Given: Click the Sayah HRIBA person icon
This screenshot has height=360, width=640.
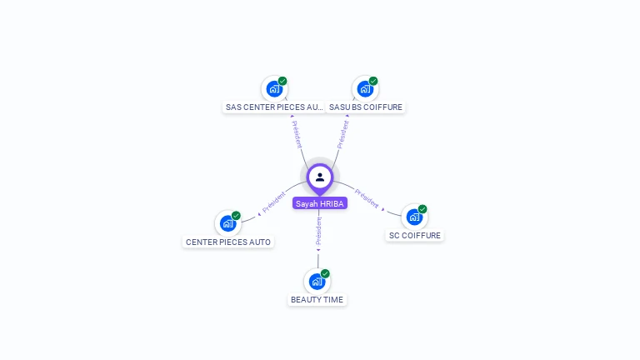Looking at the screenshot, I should click(320, 177).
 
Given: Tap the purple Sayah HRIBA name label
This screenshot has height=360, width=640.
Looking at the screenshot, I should click(320, 203).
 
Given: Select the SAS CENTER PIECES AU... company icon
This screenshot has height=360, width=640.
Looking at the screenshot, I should click(274, 88).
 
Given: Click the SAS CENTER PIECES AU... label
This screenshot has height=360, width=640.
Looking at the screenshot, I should click(274, 107).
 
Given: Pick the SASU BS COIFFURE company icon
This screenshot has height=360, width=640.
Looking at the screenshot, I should click(365, 88).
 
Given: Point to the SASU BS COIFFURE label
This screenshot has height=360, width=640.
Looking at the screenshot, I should click(365, 107).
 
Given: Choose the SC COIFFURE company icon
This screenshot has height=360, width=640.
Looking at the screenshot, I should click(414, 217).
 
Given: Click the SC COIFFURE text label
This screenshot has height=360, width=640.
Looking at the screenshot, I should click(415, 236).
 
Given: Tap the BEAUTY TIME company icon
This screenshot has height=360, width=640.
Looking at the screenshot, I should click(317, 281).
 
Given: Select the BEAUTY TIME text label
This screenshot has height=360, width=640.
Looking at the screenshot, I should click(317, 300).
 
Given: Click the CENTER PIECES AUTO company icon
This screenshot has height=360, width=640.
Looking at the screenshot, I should click(227, 223).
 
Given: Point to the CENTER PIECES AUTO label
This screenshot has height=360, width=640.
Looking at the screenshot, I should click(228, 242).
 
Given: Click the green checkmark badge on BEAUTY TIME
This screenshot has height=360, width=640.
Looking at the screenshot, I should click(325, 273).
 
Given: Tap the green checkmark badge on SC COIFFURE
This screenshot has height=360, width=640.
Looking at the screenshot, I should click(422, 209).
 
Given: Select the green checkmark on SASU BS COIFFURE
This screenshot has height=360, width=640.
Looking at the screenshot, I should click(373, 81).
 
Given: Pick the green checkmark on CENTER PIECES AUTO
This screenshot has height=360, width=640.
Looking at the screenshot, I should click(236, 216).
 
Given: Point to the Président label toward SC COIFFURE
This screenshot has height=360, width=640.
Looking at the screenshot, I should click(367, 198).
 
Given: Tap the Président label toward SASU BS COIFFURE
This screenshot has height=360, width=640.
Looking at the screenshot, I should click(342, 132).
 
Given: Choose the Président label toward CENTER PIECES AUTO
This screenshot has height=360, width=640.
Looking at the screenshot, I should click(274, 202).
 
